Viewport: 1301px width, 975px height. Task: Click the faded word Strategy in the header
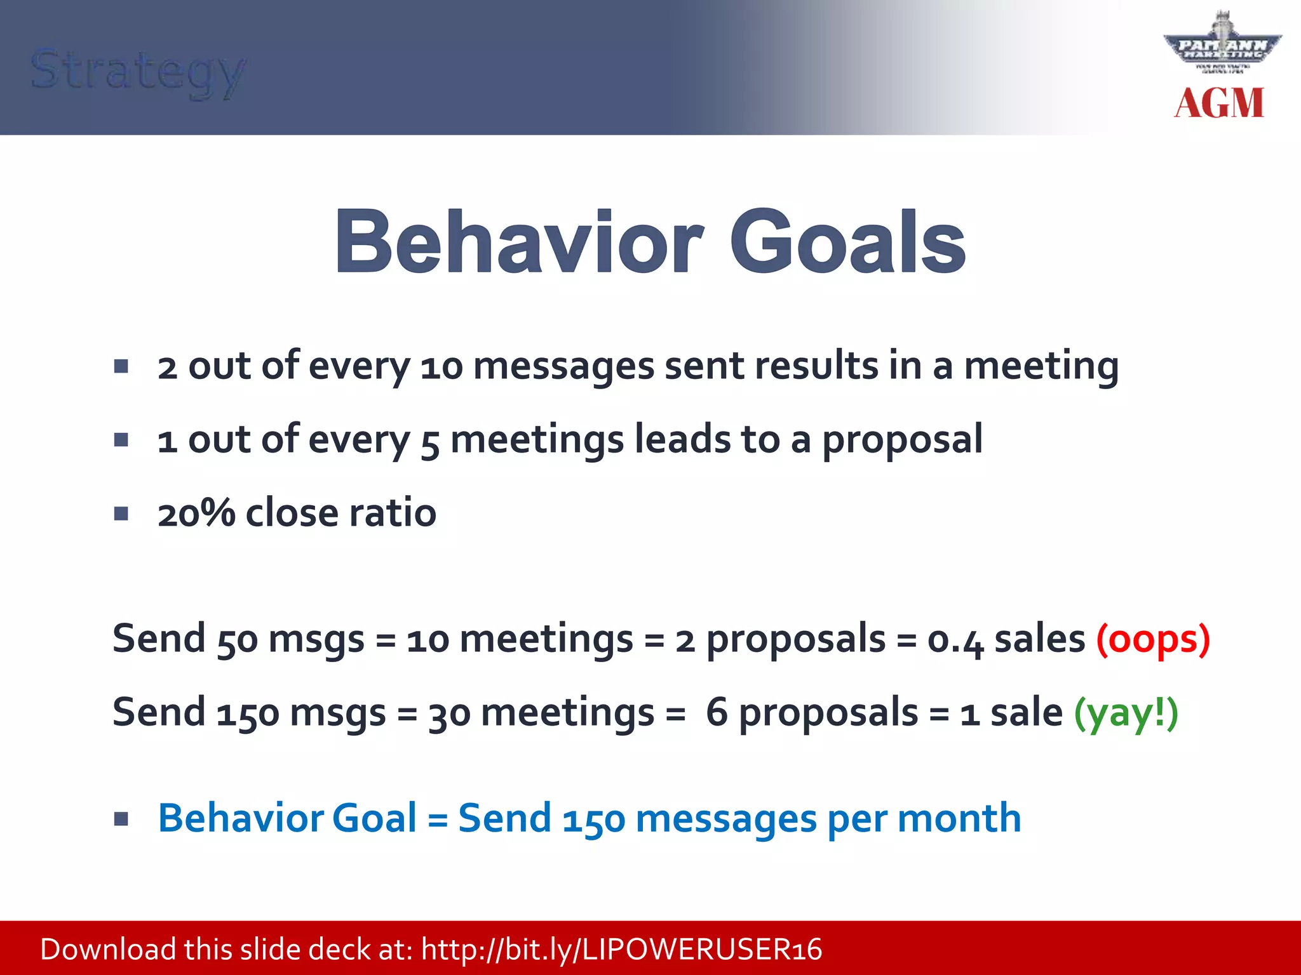137,71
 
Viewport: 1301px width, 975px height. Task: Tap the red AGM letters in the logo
1218,103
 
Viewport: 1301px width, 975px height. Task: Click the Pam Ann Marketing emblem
1222,44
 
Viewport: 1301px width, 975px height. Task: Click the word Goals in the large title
847,243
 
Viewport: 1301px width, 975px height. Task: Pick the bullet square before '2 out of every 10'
121,366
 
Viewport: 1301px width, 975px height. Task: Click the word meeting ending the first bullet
1041,367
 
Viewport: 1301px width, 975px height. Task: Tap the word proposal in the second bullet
902,440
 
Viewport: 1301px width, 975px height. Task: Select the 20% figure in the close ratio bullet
196,513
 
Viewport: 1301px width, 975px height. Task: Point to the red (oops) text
1153,639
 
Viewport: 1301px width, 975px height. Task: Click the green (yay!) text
1126,713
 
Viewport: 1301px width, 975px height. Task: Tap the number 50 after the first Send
237,640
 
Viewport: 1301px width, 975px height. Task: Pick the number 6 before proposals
717,712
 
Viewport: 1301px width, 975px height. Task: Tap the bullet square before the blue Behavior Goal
121,819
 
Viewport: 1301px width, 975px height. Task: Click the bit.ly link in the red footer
621,950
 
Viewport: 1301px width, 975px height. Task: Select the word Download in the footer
108,950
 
